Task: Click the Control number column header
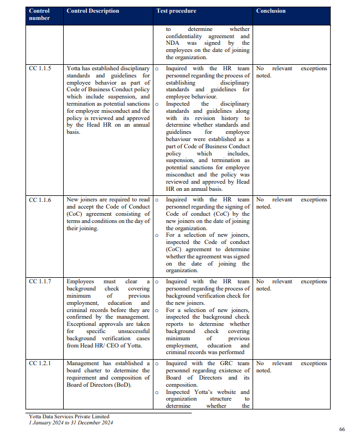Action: (39, 14)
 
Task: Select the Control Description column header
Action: (92, 11)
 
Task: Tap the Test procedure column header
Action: (176, 11)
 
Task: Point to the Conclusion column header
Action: (271, 11)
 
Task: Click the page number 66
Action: (342, 429)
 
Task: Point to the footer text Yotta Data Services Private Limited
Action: (69, 417)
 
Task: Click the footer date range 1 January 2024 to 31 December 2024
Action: (70, 423)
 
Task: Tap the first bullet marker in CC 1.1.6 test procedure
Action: (157, 200)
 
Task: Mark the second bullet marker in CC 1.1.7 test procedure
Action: (157, 310)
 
